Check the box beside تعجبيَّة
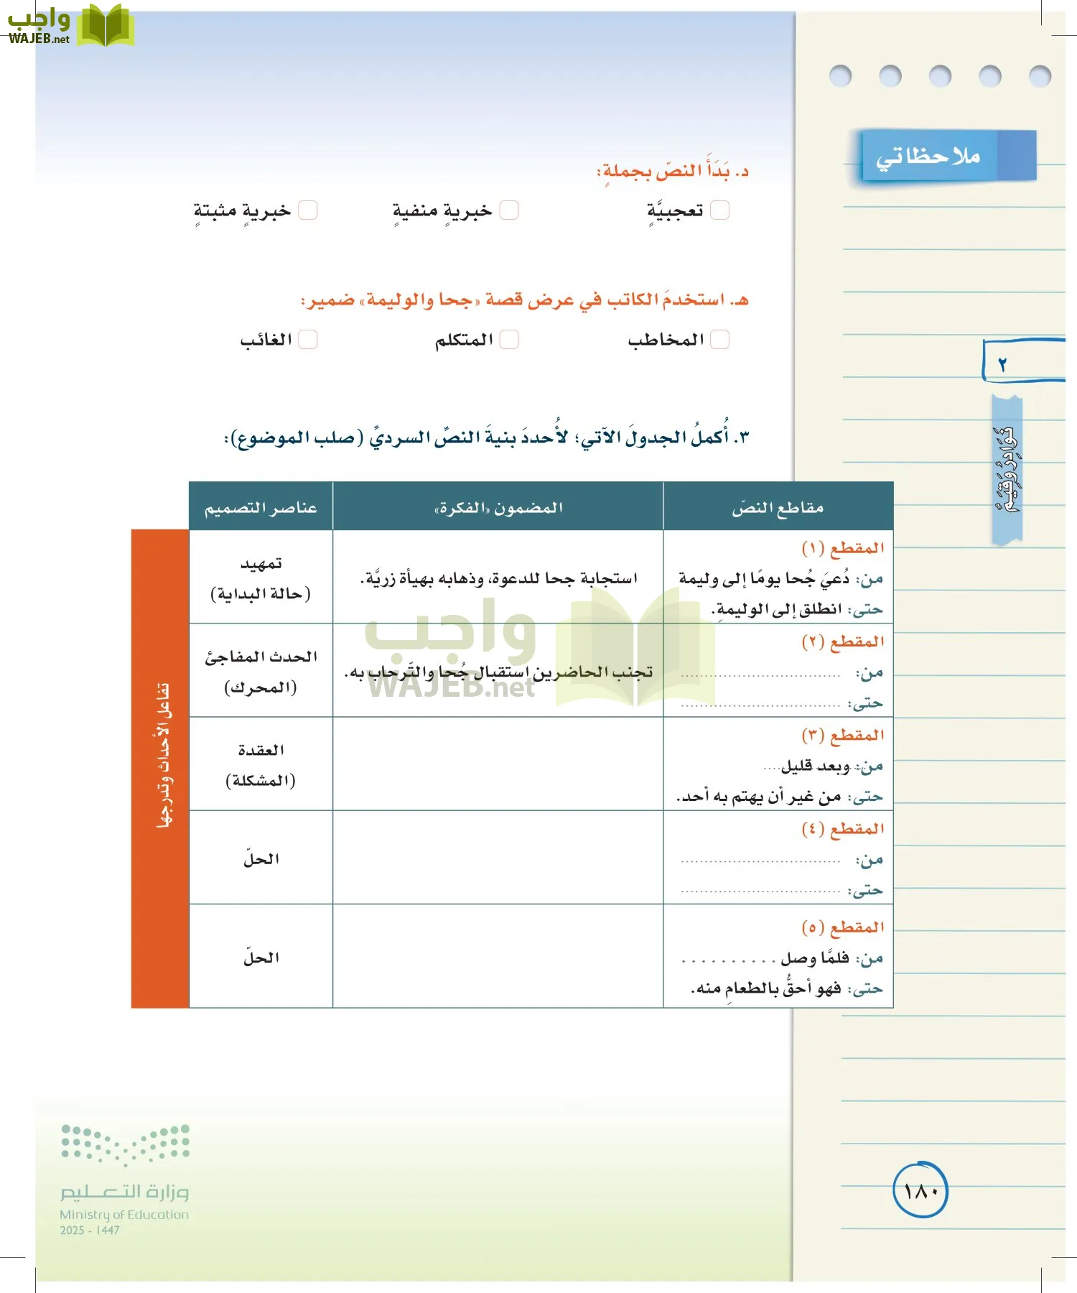719,210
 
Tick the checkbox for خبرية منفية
508,210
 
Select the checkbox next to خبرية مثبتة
307,210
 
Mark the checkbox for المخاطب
719,339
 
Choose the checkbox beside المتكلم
508,339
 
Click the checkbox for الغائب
307,339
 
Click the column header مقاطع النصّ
778,508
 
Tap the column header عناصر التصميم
261,508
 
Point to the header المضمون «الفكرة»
498,508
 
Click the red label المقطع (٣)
842,735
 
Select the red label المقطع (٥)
842,927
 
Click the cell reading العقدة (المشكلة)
261,764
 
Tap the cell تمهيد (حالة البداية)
261,578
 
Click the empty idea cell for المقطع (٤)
498,858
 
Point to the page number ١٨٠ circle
920,1190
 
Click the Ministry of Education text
124,1215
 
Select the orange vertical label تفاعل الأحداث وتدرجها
161,768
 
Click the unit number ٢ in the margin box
1003,364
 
